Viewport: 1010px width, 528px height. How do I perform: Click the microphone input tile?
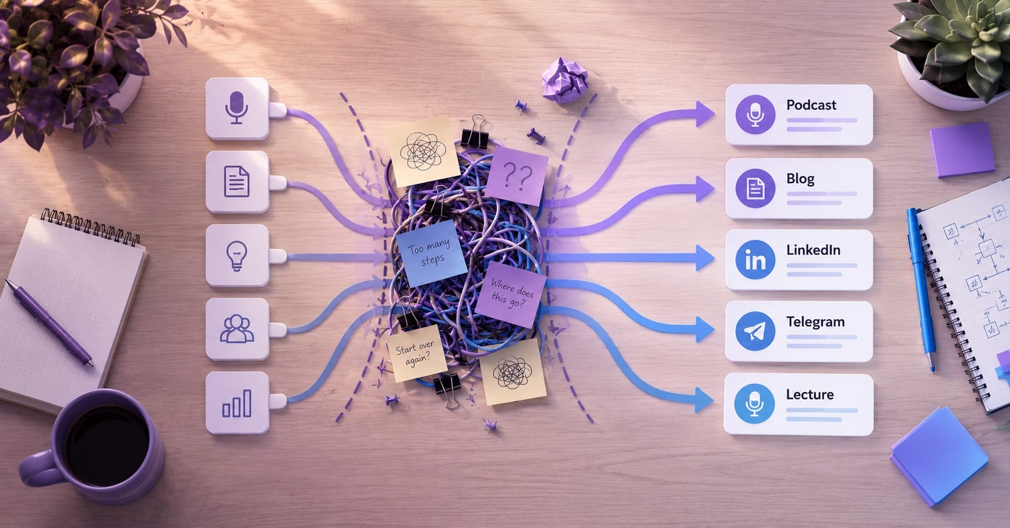tap(237, 108)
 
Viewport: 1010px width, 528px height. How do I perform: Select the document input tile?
tap(237, 182)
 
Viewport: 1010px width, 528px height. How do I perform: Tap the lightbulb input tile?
tap(237, 256)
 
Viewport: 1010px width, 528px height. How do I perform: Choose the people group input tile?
tap(237, 329)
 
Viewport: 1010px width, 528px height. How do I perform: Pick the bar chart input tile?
tap(237, 403)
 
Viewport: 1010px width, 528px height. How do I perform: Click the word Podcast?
tap(811, 105)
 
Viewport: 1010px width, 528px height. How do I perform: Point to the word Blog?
tap(800, 179)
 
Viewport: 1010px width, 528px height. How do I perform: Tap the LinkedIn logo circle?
tap(755, 260)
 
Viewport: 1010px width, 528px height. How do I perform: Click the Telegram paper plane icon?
tap(755, 332)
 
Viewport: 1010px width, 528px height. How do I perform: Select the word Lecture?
tap(810, 394)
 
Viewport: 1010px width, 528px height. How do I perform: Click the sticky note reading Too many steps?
tap(430, 253)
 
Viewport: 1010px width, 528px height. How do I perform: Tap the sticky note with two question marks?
tap(516, 175)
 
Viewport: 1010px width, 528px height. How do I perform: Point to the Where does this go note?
tap(511, 293)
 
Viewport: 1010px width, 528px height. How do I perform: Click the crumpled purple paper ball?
tap(564, 80)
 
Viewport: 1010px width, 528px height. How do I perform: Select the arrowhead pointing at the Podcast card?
tap(705, 114)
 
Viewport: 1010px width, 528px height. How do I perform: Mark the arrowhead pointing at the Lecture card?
tap(705, 400)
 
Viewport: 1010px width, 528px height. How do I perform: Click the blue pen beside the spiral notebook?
tap(922, 289)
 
